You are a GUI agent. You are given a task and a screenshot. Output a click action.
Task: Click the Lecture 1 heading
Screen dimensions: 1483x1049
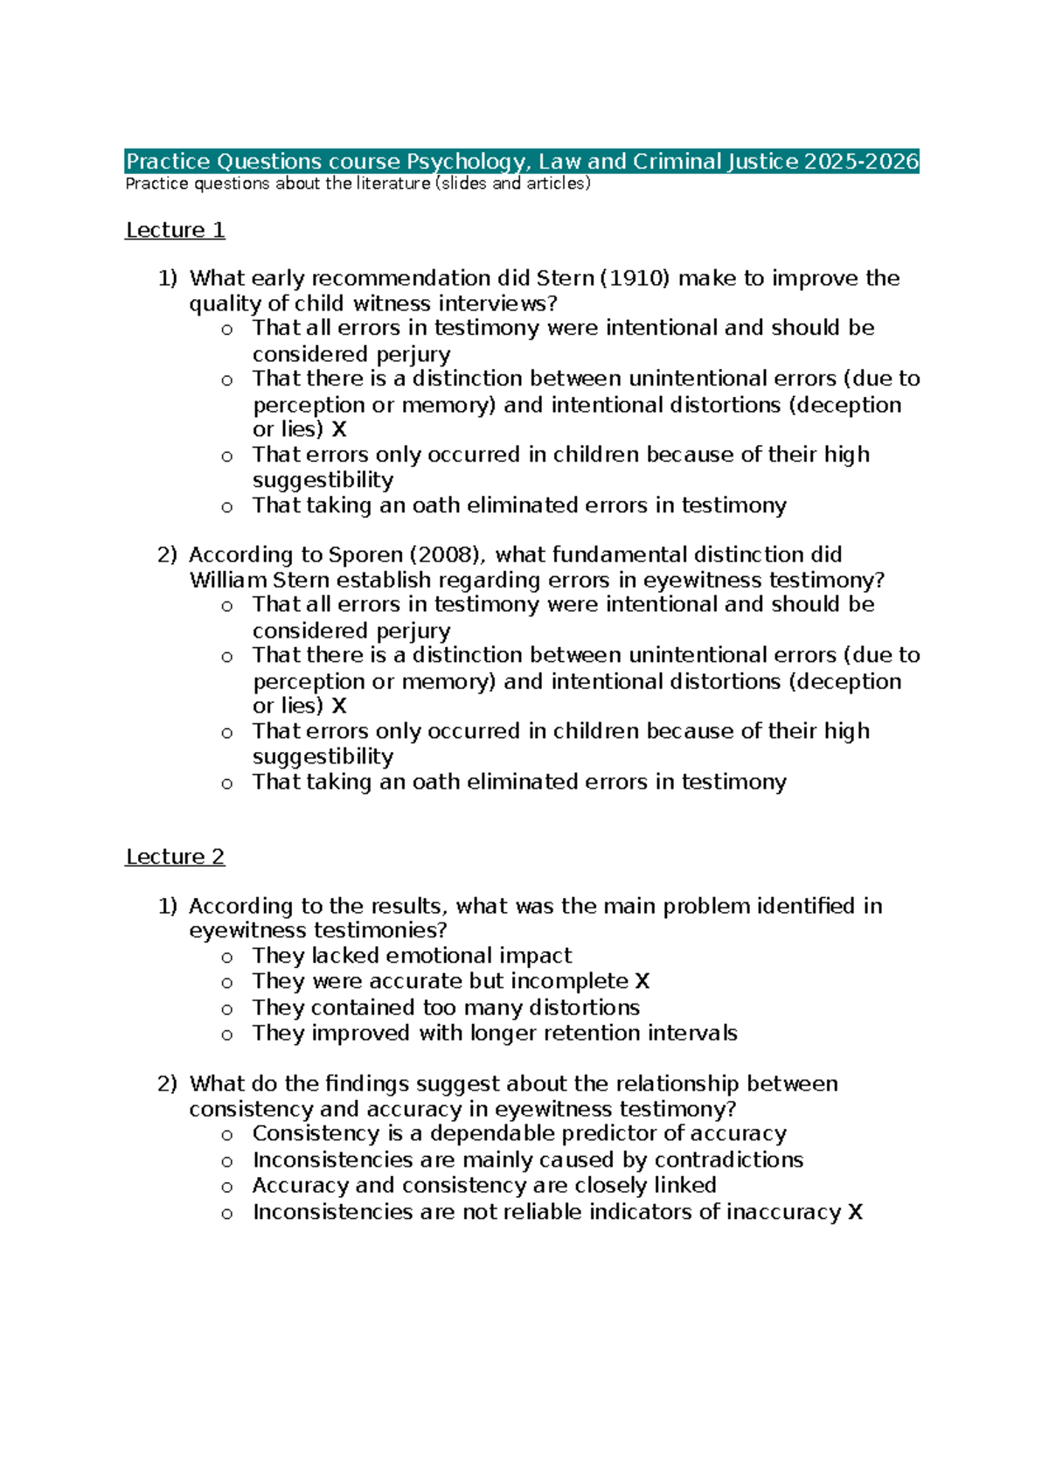coord(175,230)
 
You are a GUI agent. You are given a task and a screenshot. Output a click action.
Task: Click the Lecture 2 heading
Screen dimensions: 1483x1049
coord(175,857)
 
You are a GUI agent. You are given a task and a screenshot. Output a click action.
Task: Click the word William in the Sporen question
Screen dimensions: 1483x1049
coord(228,581)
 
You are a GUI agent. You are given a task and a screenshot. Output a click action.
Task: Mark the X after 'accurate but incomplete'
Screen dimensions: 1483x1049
coord(643,982)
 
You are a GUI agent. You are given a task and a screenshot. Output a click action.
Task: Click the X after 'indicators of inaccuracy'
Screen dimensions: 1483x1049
coord(855,1212)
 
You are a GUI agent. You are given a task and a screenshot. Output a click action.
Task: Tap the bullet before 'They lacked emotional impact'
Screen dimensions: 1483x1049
coord(227,957)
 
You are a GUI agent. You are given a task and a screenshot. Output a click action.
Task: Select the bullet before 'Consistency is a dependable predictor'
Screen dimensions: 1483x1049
coord(227,1136)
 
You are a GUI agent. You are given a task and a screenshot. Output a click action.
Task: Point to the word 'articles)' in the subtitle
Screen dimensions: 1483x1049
coord(561,184)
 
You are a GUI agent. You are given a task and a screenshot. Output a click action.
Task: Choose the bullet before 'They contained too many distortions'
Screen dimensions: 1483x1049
coord(227,1009)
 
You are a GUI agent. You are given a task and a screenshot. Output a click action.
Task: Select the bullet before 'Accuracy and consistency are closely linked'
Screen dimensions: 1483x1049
coord(227,1187)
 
